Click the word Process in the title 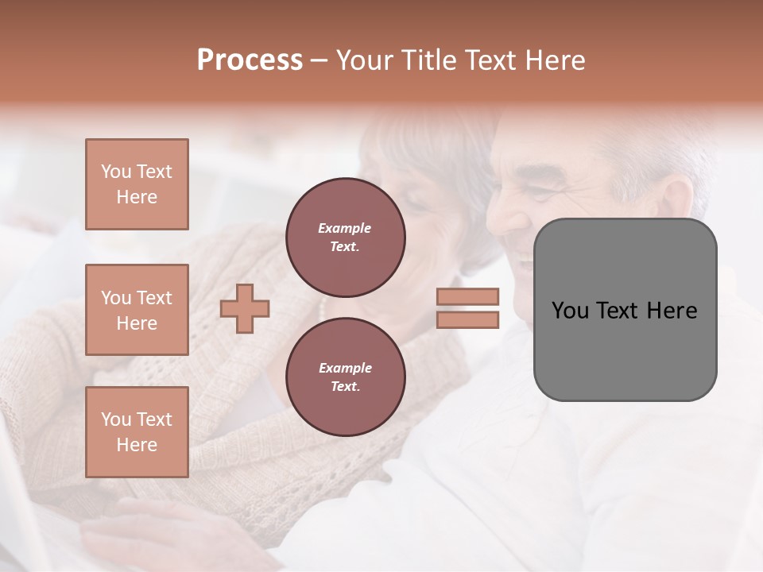pyautogui.click(x=250, y=60)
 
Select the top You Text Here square pyautogui.click(x=137, y=184)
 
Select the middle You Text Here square pyautogui.click(x=137, y=310)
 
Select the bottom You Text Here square pyautogui.click(x=137, y=431)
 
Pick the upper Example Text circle pyautogui.click(x=345, y=238)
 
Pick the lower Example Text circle pyautogui.click(x=345, y=377)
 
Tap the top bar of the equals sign pyautogui.click(x=468, y=296)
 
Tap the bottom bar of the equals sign pyautogui.click(x=468, y=319)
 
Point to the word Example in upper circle pyautogui.click(x=345, y=229)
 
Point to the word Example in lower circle pyautogui.click(x=345, y=369)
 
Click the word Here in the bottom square pyautogui.click(x=137, y=445)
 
